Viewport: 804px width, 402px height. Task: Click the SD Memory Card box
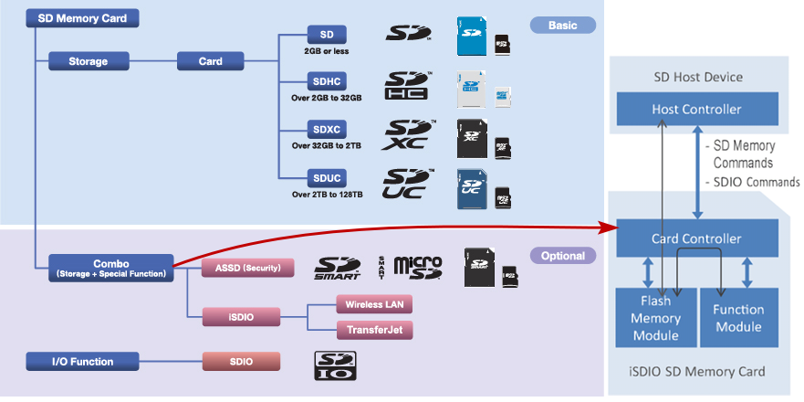point(82,18)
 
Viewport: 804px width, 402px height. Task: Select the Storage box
point(88,62)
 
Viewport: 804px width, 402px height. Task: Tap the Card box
point(211,62)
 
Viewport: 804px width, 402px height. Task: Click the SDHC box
point(326,82)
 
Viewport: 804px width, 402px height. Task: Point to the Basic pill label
point(562,26)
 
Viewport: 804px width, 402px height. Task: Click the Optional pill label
point(562,256)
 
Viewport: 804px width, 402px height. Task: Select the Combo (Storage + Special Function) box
point(110,268)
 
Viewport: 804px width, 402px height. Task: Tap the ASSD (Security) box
point(247,268)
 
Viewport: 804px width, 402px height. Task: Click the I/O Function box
point(82,362)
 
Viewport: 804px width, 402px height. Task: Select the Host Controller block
point(697,110)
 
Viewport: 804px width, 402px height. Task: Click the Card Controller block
point(697,239)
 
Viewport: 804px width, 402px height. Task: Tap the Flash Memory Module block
point(656,318)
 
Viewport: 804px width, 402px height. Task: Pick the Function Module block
point(738,318)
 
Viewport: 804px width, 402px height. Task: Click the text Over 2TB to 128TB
point(327,194)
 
